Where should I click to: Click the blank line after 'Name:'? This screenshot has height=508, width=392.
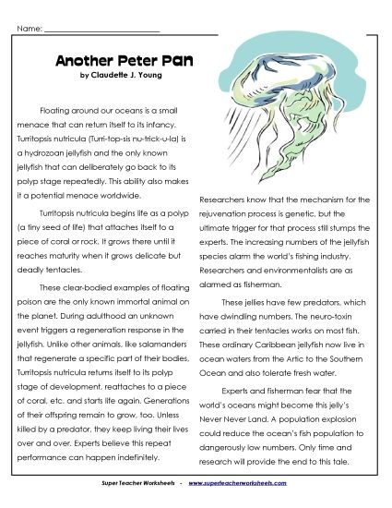pos(101,29)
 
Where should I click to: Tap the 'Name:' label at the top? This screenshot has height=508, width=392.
pos(29,29)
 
